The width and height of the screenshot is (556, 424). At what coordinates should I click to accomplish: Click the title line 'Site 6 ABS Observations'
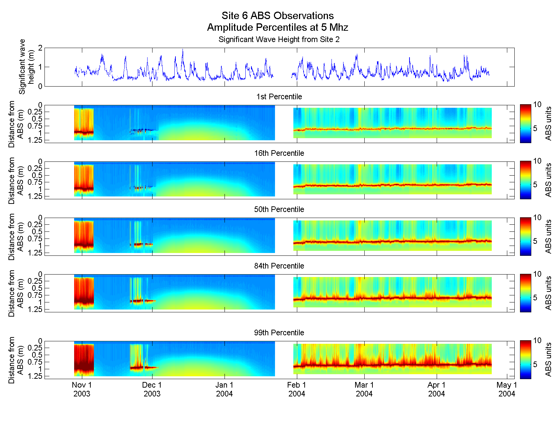coord(277,16)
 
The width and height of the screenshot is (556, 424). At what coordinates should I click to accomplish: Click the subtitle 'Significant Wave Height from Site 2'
coord(279,39)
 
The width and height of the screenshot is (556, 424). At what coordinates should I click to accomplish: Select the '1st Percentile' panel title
coord(279,96)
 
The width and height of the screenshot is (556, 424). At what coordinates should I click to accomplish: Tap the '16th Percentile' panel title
coord(279,153)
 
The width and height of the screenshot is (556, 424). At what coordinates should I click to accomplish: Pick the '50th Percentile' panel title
coord(279,209)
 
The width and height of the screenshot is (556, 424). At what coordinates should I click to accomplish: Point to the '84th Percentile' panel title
coord(279,266)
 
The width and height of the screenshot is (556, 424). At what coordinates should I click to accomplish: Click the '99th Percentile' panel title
coord(279,332)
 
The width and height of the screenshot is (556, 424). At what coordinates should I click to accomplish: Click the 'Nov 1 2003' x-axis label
coord(82,389)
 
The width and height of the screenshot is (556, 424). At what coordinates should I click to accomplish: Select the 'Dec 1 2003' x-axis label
coord(152,389)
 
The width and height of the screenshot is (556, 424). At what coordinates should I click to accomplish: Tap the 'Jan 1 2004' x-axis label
coord(225,389)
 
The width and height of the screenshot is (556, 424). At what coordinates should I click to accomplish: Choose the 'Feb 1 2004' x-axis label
coord(297,389)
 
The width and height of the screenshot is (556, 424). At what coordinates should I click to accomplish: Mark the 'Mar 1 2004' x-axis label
coord(364,389)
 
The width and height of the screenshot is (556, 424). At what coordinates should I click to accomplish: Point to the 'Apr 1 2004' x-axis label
coord(436,389)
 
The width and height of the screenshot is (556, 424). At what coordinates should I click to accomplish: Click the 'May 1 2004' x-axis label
coord(507,389)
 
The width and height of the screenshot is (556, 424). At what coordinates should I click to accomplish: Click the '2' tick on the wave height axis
coord(40,48)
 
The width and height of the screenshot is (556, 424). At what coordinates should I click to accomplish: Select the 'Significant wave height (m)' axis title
coord(27,67)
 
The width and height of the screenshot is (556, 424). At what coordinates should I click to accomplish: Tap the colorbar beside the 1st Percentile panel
coord(525,124)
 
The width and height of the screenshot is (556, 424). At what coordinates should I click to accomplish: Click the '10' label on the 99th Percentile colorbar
coord(537,340)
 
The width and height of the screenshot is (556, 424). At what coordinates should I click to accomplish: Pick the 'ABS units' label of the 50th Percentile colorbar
coord(548,236)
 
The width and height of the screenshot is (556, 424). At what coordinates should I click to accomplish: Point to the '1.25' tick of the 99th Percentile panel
coord(35,376)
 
